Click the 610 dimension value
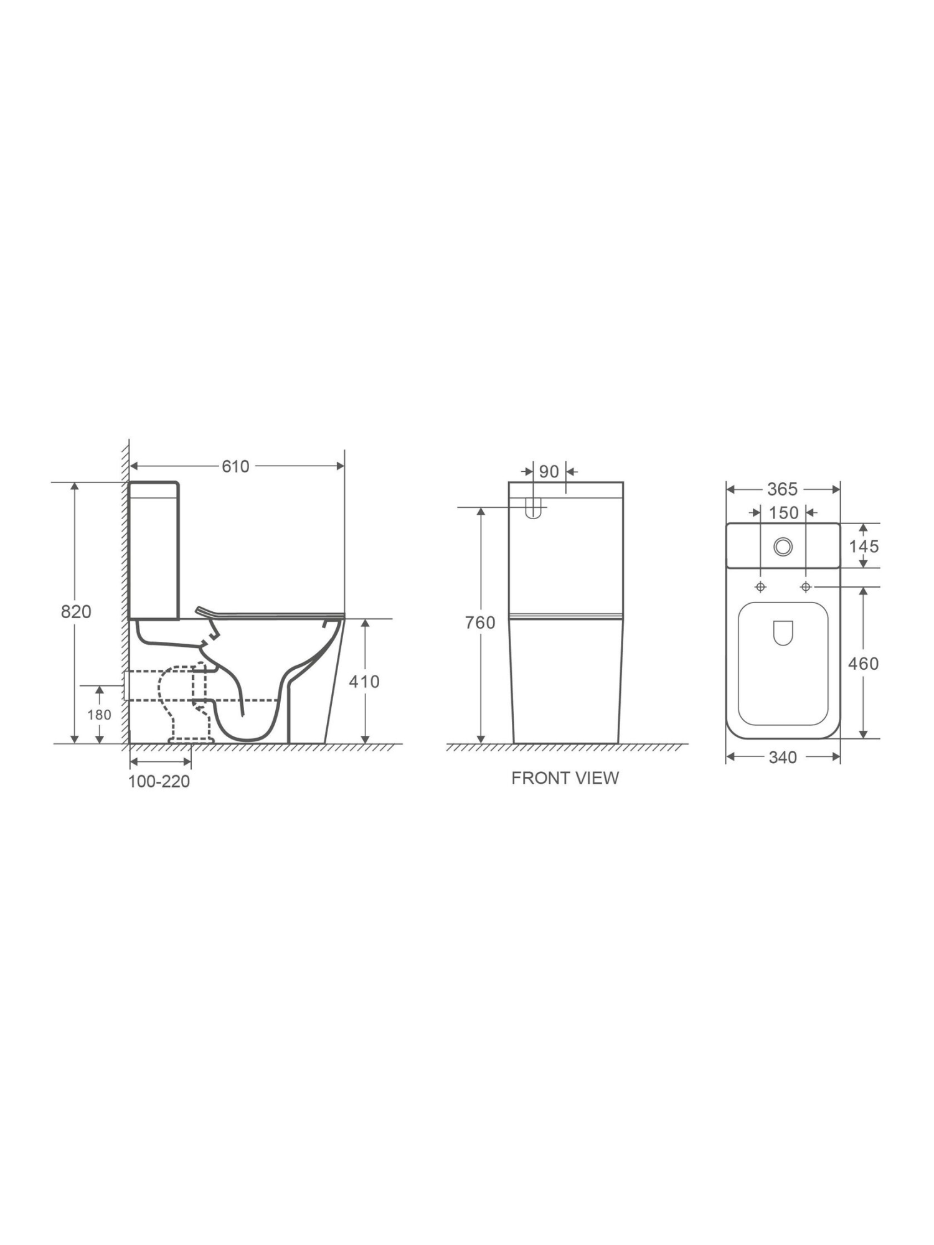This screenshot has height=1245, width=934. tap(235, 466)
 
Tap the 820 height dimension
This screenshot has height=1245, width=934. tap(76, 611)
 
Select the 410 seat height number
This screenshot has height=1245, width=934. tap(364, 682)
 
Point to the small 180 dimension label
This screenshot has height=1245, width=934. tap(99, 715)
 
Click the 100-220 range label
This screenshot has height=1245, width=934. tap(159, 781)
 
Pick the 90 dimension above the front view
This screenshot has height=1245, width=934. tap(549, 472)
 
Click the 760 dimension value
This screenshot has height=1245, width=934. tap(480, 622)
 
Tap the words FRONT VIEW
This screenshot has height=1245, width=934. tap(565, 778)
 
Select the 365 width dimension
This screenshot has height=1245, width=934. tap(782, 489)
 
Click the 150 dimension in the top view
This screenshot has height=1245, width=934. tap(783, 513)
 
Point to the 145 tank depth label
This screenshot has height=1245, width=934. tap(864, 547)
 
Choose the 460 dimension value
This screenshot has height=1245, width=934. tap(863, 664)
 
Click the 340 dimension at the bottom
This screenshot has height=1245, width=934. tap(783, 758)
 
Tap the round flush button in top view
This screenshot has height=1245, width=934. tap(783, 547)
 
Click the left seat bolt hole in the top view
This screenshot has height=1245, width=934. tap(760, 587)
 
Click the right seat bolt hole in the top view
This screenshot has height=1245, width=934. tap(806, 587)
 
